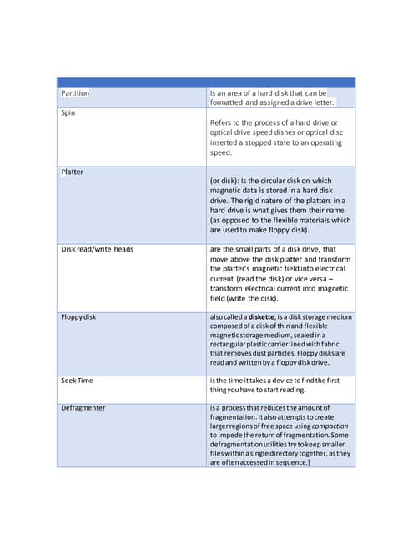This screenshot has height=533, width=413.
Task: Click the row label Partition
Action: click(x=75, y=93)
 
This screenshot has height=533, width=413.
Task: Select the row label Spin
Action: click(x=68, y=112)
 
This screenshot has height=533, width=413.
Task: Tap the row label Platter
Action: click(x=73, y=172)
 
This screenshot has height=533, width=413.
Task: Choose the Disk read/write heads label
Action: click(x=97, y=249)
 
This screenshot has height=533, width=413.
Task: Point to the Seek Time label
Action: click(x=77, y=381)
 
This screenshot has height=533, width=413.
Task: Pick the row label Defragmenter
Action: click(x=83, y=408)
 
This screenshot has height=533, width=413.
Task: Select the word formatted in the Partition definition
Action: click(x=229, y=102)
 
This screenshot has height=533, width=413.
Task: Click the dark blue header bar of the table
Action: click(x=206, y=82)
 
